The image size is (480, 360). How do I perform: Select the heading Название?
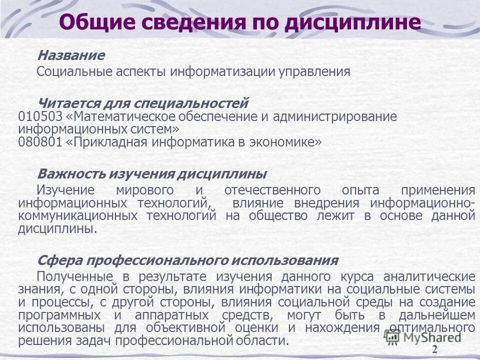[71, 55]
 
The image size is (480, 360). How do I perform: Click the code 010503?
[40, 116]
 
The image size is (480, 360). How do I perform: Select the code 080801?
[40, 142]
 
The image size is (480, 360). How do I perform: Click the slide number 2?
[434, 349]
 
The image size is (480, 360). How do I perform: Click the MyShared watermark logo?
[423, 336]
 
